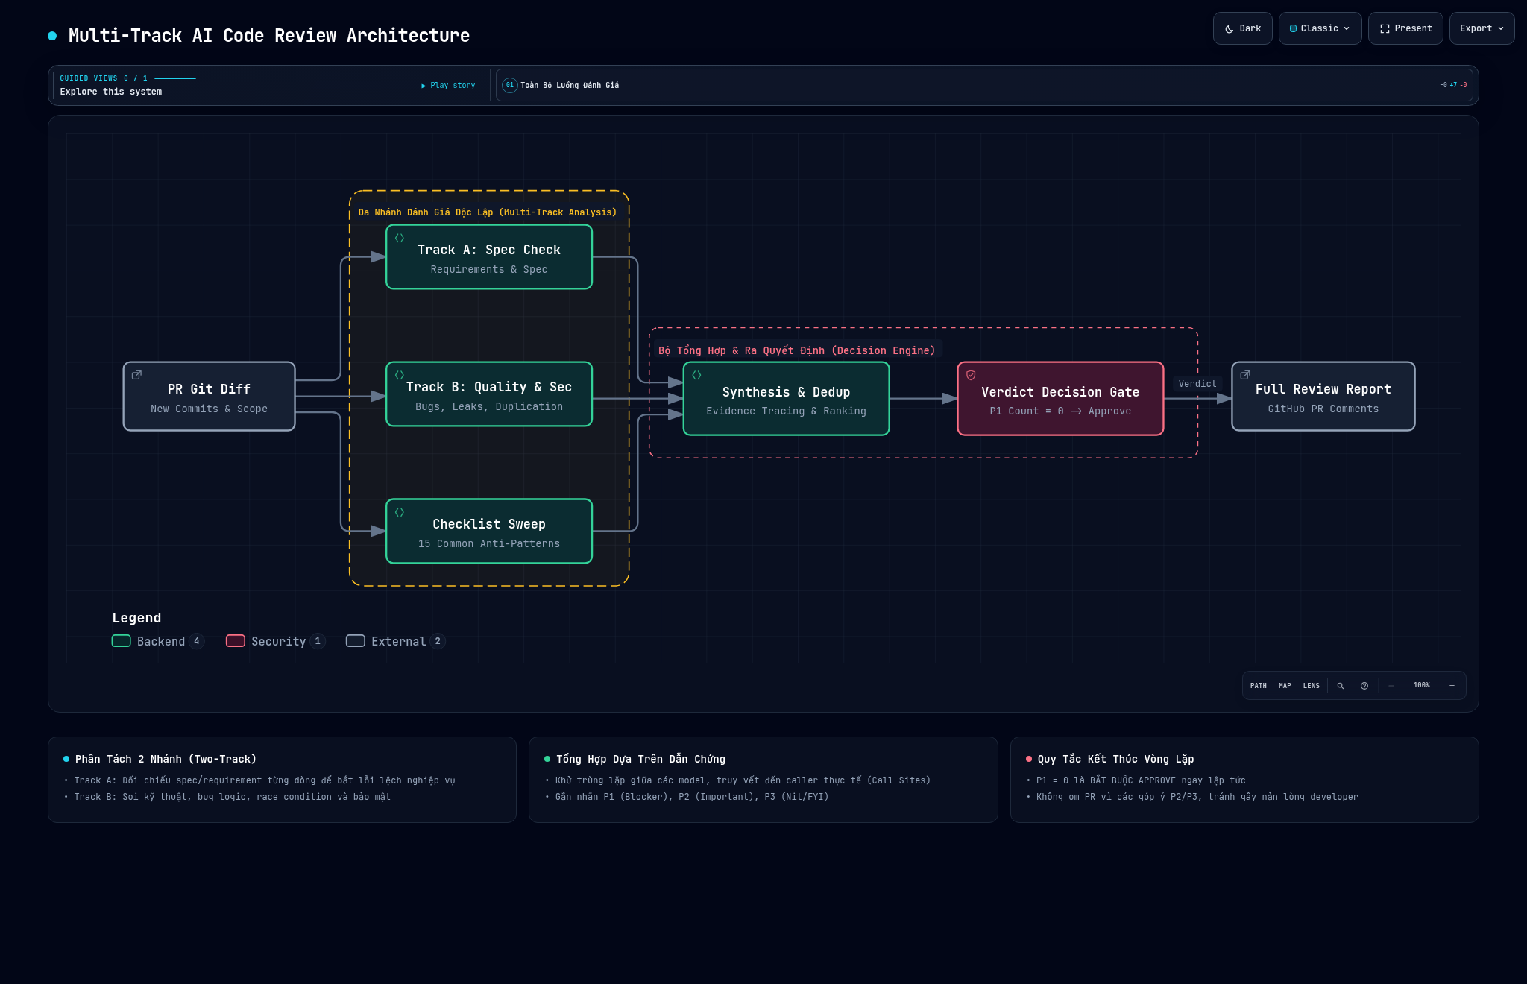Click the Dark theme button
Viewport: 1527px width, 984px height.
tap(1242, 28)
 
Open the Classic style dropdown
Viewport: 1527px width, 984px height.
tap(1320, 28)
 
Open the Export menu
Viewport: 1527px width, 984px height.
tap(1482, 28)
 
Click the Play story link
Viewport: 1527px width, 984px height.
tap(448, 86)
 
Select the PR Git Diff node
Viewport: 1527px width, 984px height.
tap(209, 397)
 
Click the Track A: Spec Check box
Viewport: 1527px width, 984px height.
tap(489, 257)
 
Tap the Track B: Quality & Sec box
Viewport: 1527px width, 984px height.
tap(489, 394)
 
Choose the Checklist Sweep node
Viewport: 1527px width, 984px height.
tap(489, 532)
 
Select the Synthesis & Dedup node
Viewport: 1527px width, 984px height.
tap(786, 399)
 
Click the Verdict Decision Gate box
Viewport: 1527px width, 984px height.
tap(1060, 399)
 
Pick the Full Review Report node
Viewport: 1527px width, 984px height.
tap(1323, 397)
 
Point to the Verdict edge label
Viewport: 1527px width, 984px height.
tap(1197, 384)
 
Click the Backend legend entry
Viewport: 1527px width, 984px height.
tap(157, 641)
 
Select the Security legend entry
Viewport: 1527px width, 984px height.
tap(275, 641)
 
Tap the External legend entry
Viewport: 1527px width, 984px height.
tap(395, 641)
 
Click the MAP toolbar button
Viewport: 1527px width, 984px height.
tap(1285, 686)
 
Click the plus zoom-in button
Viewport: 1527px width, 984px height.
tap(1452, 686)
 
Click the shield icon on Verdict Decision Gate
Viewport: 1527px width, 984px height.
tap(971, 375)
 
